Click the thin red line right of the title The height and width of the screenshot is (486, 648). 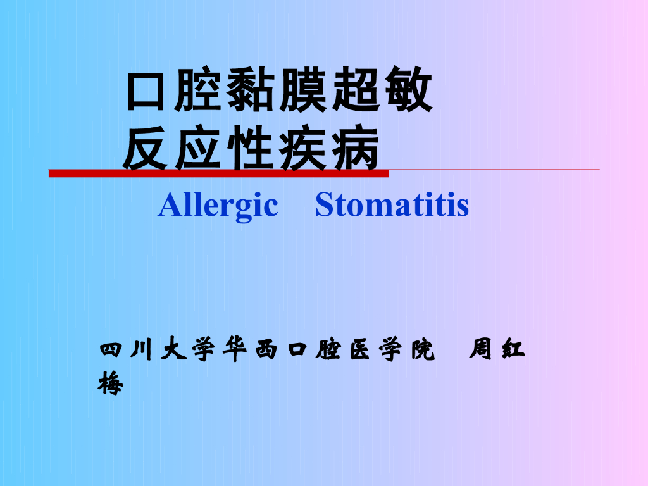tap(494, 170)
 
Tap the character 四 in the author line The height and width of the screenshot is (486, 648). tap(111, 351)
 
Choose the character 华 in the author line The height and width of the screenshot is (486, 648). tap(234, 351)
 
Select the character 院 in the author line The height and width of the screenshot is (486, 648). tap(421, 351)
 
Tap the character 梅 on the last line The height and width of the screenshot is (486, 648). tap(111, 383)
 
